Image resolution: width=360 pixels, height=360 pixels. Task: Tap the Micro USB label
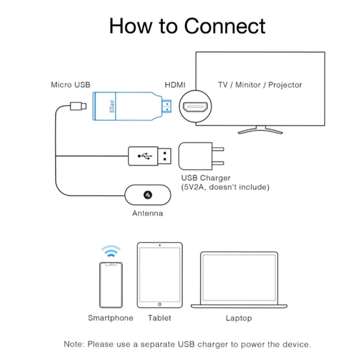coord(70,85)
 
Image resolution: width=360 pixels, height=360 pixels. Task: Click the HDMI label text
coord(175,85)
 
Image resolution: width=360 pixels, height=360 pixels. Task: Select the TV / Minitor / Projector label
coord(260,85)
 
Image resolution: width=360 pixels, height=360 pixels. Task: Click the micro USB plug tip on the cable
coord(78,105)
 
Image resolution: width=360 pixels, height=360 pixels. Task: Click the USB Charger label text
coord(206,178)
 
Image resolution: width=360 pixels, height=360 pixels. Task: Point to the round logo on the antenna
coord(148,194)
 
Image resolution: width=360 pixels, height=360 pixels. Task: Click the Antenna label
coord(147,213)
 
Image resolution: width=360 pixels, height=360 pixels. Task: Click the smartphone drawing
coord(111,285)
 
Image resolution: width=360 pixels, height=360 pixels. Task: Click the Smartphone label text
coord(110,318)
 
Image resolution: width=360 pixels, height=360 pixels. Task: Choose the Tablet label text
coord(159,318)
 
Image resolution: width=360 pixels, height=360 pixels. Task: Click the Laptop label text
coord(239,318)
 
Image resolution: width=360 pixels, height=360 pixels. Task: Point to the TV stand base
coord(260,131)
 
